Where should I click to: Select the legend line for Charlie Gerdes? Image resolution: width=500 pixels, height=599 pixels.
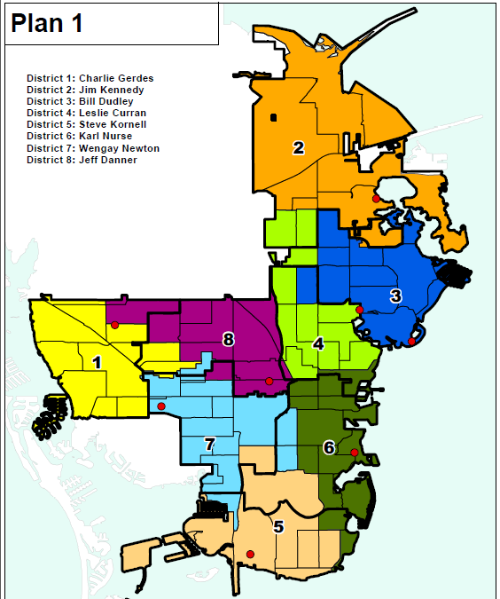pos(90,79)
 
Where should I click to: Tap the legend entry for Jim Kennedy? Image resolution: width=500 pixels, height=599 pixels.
pos(85,91)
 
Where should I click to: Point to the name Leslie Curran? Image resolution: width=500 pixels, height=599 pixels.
pos(86,114)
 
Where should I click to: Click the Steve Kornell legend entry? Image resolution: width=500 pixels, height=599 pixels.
pos(86,125)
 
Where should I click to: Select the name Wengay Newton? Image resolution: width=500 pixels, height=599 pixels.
pos(93,148)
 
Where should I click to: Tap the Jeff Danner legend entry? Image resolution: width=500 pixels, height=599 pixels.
pos(82,160)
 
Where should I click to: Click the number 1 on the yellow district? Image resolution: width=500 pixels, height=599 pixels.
pos(97,362)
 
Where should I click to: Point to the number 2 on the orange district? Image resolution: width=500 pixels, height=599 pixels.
pos(299,148)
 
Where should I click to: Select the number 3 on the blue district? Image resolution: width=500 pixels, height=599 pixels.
pos(395,296)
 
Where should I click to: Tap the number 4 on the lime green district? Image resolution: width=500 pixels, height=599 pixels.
pos(316,344)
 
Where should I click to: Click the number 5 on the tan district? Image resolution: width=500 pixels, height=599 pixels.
pos(278,527)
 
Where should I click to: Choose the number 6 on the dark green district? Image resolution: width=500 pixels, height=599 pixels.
pos(328,448)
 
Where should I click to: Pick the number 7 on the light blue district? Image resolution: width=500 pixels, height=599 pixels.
pos(210,445)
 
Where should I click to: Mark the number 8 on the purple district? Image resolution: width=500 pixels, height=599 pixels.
pos(228,339)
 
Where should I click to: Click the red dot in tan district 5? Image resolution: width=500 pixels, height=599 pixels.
pos(250,555)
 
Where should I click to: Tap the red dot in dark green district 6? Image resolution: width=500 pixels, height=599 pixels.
pos(354,453)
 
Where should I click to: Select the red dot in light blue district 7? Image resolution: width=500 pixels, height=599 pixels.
pos(160,406)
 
